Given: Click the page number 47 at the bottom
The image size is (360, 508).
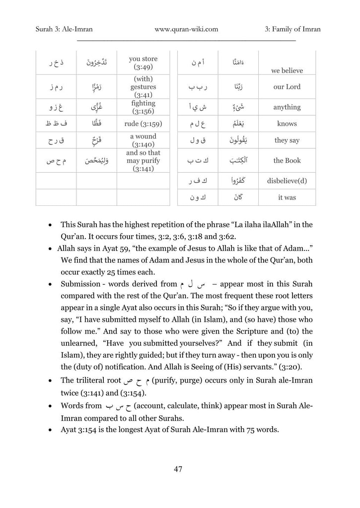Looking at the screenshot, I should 178,469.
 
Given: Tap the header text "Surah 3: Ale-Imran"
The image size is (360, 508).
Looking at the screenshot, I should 64,29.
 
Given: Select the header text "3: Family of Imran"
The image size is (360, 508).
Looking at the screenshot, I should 292,29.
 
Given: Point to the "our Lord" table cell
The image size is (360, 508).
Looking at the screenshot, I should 287,87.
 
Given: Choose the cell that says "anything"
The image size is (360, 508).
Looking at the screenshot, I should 287,107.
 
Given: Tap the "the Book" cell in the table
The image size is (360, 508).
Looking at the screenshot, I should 287,161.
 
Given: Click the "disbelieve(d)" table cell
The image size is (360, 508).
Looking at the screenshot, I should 287,181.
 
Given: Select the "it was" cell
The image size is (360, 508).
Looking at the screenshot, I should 287,197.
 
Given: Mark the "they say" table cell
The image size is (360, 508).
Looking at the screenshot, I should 287,140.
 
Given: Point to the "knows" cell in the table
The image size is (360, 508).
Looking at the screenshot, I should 287,124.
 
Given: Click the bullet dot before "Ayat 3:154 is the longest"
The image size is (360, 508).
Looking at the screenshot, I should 50,430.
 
